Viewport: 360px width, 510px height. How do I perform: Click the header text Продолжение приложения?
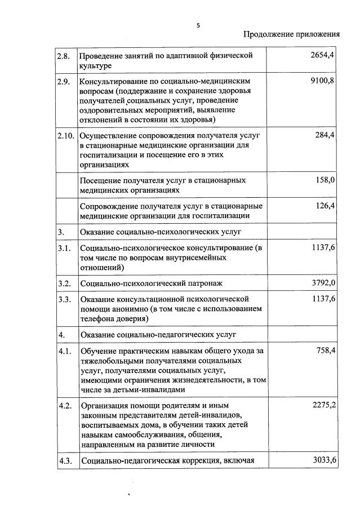coord(291,34)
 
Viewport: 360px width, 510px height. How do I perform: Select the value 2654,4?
coord(322,55)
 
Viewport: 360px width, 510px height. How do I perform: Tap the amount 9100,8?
coord(322,81)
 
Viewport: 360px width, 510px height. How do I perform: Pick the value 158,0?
coord(325,180)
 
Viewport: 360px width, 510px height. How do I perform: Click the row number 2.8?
coord(63,55)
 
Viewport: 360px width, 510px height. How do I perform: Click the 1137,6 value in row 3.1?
coord(322,247)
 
